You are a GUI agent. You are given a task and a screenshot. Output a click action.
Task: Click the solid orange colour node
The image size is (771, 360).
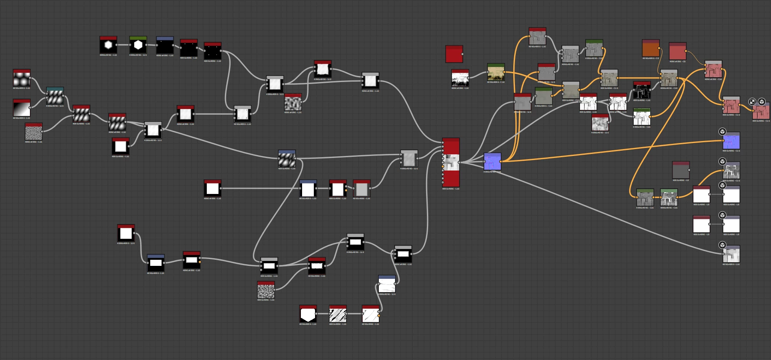[x=651, y=49]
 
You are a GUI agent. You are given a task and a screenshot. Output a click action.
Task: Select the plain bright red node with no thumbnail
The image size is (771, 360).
[x=454, y=54]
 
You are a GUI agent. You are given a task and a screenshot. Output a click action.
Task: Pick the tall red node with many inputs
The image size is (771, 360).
[x=451, y=162]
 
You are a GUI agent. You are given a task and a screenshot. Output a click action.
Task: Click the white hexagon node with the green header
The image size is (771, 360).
[x=138, y=45]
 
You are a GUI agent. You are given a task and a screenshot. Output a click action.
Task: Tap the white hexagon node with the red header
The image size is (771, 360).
[x=108, y=45]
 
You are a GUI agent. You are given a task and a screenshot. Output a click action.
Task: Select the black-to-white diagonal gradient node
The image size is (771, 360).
[x=22, y=108]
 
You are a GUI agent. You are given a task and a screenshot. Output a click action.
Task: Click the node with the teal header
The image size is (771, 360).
[x=55, y=96]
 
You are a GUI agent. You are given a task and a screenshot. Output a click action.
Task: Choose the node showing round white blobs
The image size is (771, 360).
[x=22, y=78]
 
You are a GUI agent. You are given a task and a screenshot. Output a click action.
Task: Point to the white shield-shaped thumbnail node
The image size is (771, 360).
[x=308, y=314]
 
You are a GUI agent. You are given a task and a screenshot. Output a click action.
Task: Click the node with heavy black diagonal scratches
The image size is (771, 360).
[x=338, y=314]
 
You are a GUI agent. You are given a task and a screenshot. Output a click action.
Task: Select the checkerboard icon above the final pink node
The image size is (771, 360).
[x=752, y=102]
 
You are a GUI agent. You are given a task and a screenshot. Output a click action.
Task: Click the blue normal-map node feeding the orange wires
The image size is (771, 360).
[x=492, y=162]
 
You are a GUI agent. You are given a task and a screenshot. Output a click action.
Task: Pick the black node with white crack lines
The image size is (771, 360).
[x=642, y=91]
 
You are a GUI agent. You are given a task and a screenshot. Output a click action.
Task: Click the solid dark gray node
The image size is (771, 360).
[x=681, y=170]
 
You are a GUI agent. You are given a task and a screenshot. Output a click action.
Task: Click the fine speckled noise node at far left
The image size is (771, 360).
[x=34, y=132]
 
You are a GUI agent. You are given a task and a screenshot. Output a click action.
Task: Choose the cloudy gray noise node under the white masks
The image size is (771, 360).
[x=600, y=122]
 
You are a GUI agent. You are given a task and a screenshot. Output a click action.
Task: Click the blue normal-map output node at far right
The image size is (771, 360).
[x=731, y=141]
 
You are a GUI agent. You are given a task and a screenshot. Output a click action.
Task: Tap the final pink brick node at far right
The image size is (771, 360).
[x=761, y=111]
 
